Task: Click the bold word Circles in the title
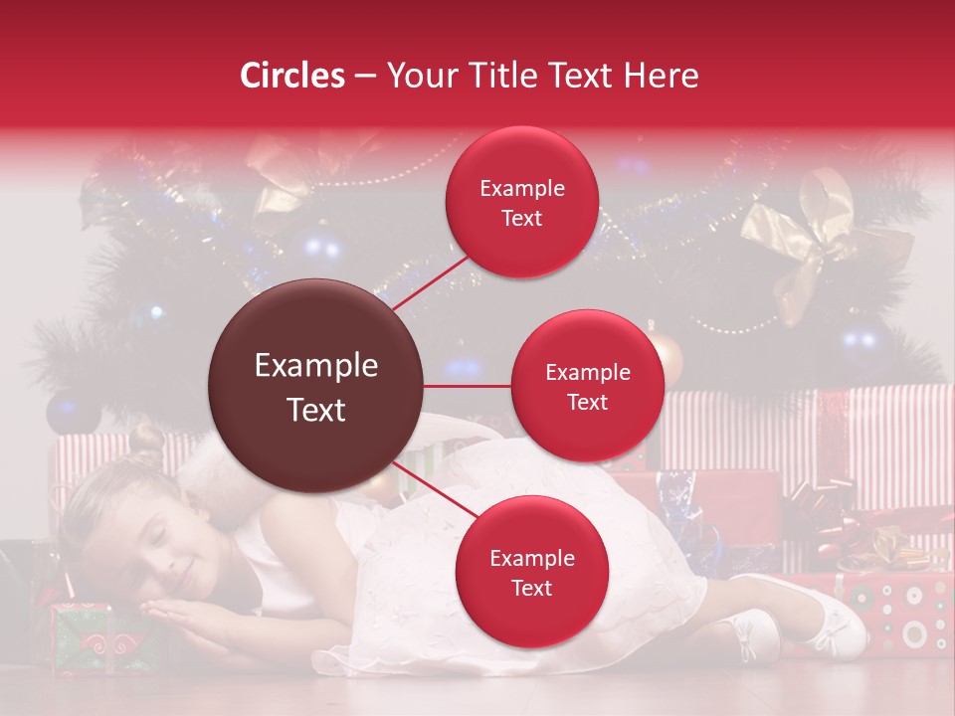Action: coord(292,76)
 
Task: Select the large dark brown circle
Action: coord(315,387)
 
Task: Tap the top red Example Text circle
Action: coord(521,203)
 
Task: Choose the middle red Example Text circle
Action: coord(587,387)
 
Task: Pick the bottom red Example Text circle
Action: coord(531,573)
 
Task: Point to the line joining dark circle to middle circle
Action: coord(468,386)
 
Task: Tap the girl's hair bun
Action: coord(146,441)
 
